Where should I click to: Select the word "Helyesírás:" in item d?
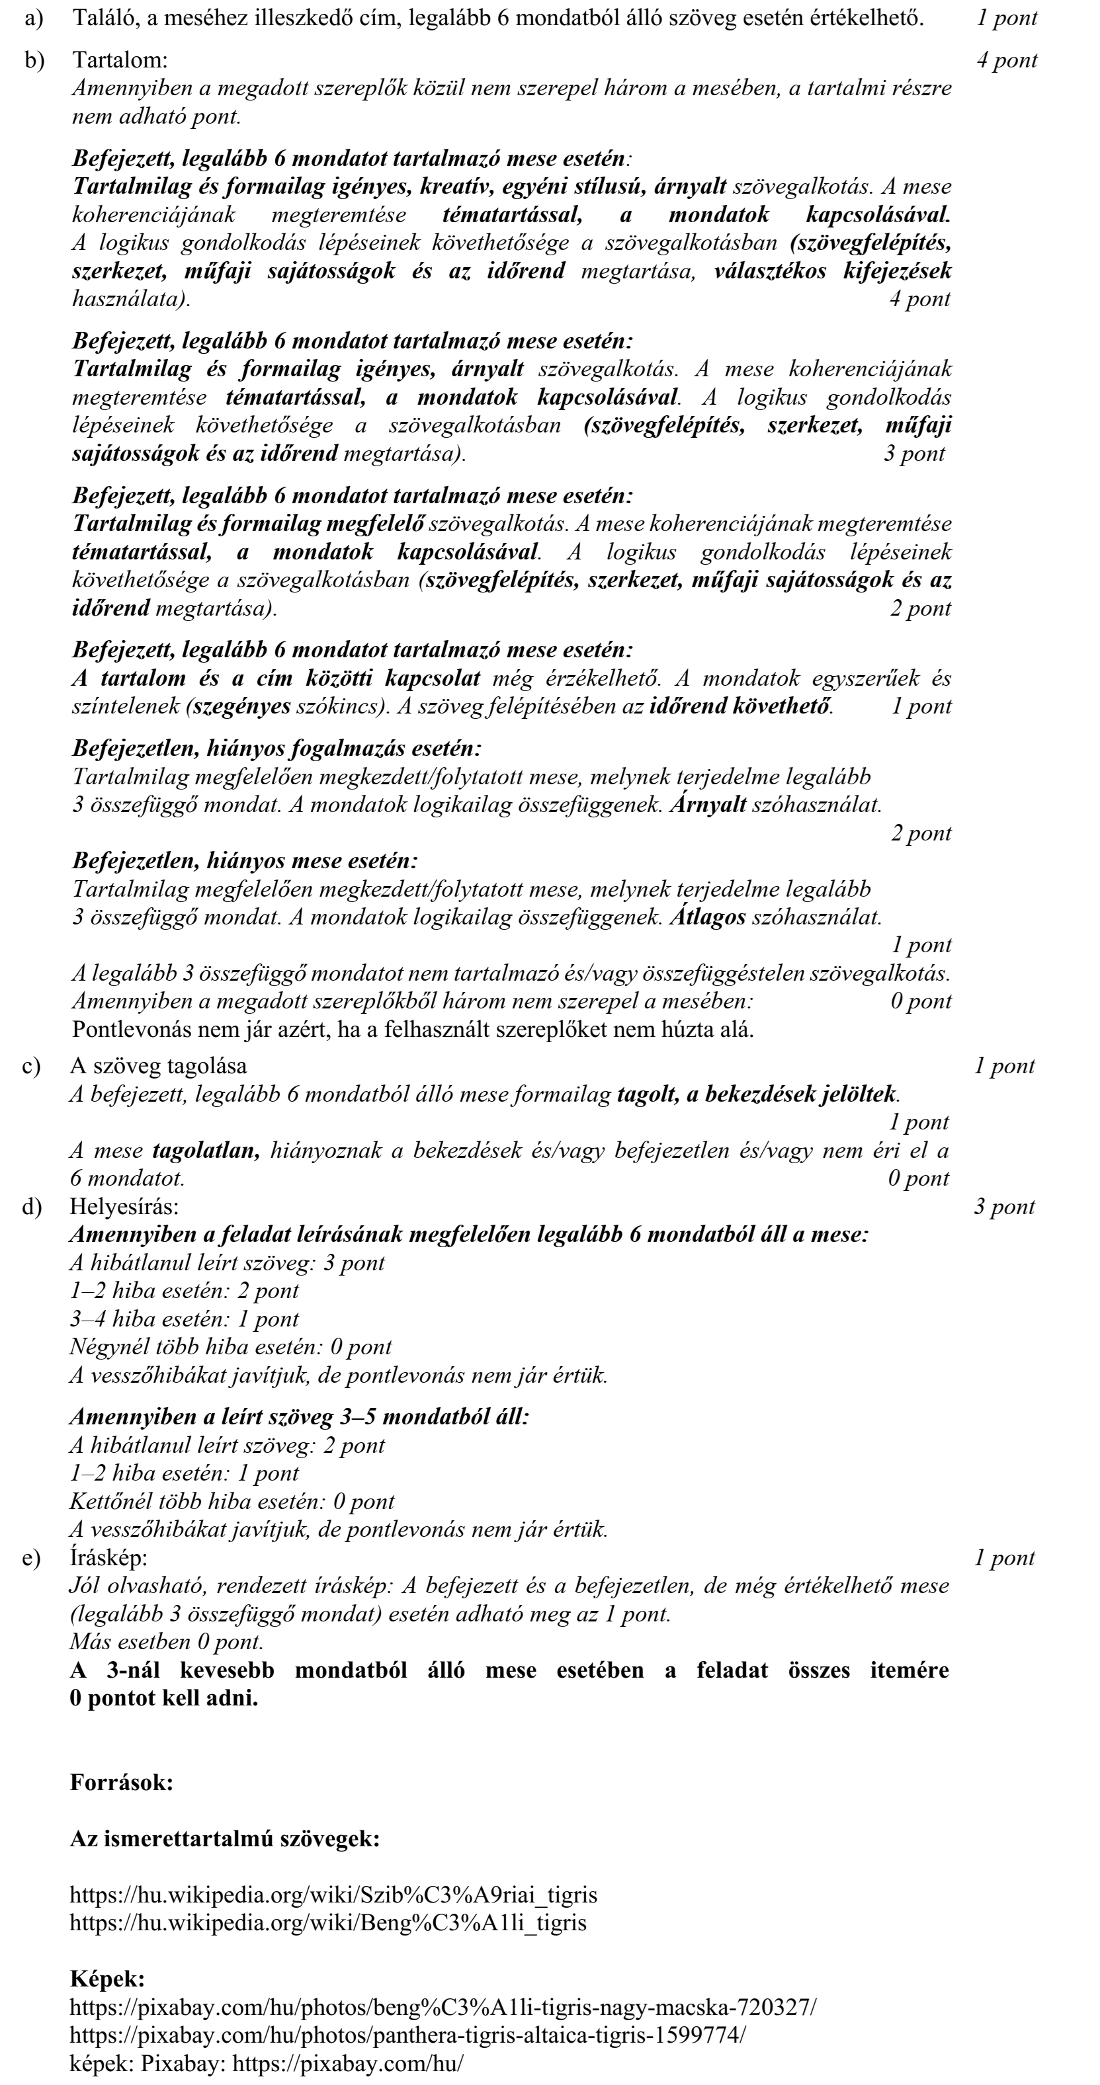click(x=124, y=1207)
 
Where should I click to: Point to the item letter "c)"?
click(x=32, y=1066)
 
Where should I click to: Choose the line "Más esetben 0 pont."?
click(x=166, y=1641)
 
